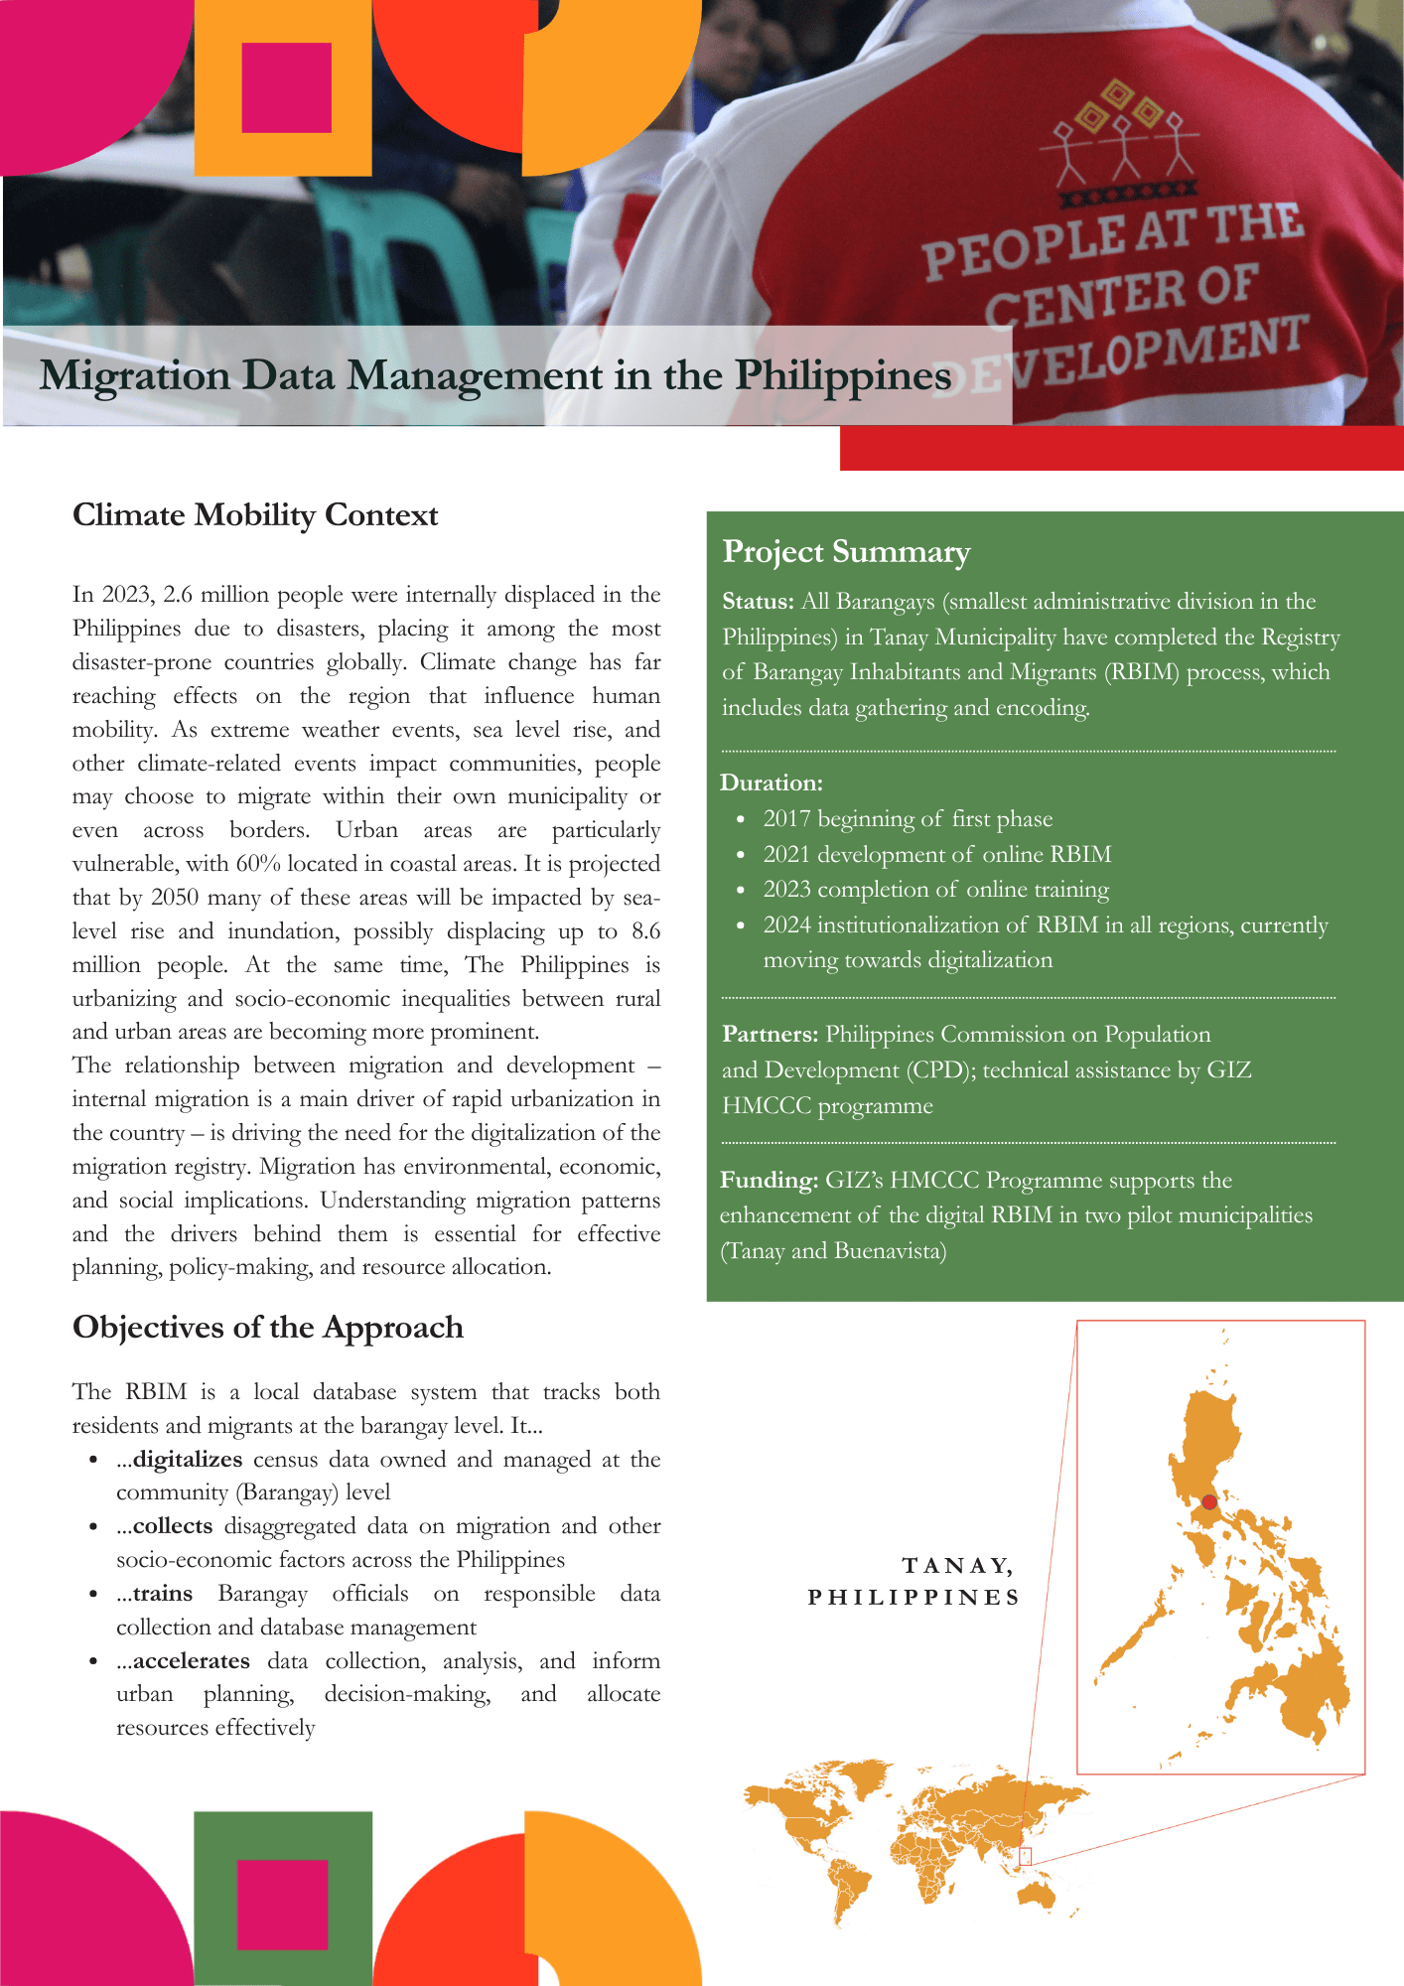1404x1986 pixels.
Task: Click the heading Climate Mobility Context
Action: (255, 515)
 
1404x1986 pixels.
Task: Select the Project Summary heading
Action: (846, 552)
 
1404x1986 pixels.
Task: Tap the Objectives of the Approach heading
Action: (268, 1328)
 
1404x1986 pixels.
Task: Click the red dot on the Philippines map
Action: (1208, 1502)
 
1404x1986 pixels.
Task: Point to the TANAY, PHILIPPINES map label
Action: (913, 1581)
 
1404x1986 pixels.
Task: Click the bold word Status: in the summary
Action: (758, 602)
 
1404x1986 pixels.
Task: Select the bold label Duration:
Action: (772, 782)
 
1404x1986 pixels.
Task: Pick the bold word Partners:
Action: (770, 1035)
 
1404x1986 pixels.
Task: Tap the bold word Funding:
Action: (769, 1181)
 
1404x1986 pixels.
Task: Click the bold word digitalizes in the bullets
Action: (188, 1459)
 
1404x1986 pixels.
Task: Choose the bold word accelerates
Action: (192, 1660)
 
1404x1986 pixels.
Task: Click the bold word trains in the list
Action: (163, 1593)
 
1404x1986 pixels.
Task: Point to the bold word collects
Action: (173, 1525)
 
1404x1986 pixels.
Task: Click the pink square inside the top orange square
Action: (286, 87)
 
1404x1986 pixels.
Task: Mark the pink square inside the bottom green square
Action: (283, 1905)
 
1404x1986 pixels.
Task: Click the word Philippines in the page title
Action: (843, 376)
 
